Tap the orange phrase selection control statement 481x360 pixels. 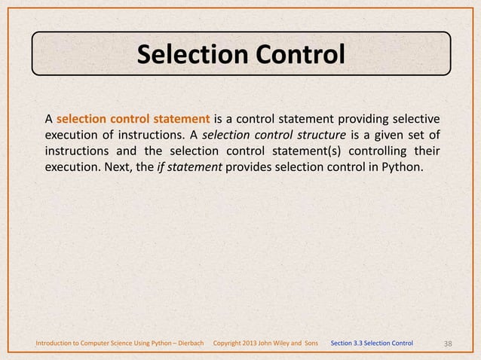point(133,118)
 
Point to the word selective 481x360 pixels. point(415,118)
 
